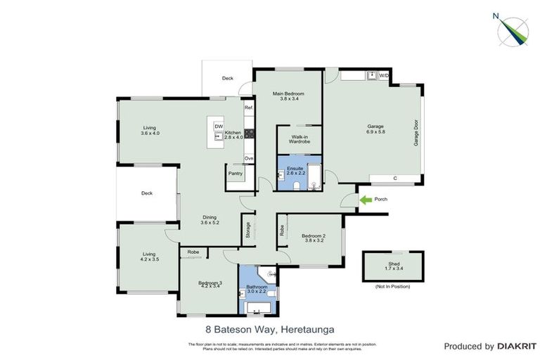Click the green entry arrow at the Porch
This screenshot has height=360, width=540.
point(366,200)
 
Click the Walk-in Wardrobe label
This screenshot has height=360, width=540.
point(300,139)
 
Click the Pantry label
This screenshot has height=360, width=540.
point(235,173)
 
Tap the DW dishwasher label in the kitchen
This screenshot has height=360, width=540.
point(219,127)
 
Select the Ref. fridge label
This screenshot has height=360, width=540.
point(248,109)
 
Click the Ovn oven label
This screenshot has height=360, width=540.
point(248,159)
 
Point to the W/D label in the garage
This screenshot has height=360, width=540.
point(384,75)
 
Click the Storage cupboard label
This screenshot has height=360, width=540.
point(247,229)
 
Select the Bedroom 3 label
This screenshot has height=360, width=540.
point(211,283)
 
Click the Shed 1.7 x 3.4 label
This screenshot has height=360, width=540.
point(393,265)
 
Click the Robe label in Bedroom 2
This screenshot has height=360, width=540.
point(282,230)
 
